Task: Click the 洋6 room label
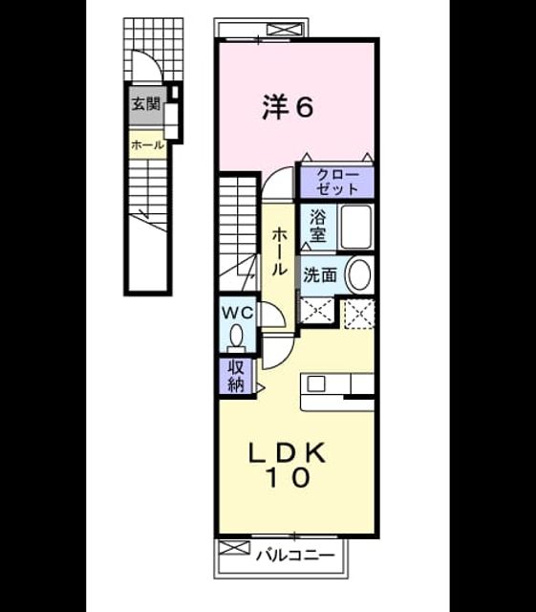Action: (x=288, y=106)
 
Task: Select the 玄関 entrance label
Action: (x=145, y=104)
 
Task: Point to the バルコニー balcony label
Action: (x=295, y=555)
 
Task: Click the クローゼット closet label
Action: (x=337, y=182)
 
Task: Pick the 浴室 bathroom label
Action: (x=318, y=227)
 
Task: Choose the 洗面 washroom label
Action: (x=320, y=275)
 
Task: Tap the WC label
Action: (x=238, y=313)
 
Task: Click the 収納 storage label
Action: (x=236, y=376)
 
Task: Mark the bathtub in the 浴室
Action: (x=355, y=227)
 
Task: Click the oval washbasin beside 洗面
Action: (x=359, y=274)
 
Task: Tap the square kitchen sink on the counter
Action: (x=316, y=384)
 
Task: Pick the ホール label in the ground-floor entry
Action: (x=147, y=145)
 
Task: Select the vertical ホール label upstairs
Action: (x=279, y=252)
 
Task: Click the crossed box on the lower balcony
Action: (x=233, y=548)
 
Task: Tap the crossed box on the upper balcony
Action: (x=286, y=30)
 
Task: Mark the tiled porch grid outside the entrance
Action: (x=153, y=50)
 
